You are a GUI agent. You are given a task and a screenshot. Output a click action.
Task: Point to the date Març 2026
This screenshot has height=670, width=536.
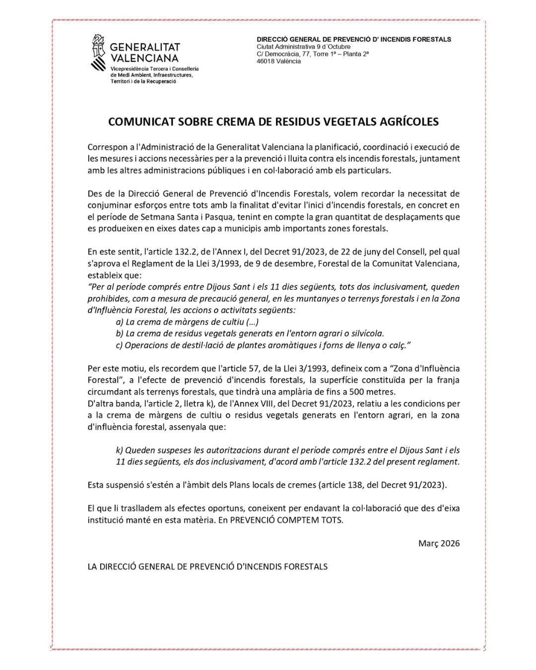click(x=439, y=543)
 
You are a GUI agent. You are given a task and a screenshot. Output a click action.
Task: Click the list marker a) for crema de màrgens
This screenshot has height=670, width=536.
click(x=120, y=322)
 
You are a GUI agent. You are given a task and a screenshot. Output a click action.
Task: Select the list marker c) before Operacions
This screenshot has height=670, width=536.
click(x=119, y=345)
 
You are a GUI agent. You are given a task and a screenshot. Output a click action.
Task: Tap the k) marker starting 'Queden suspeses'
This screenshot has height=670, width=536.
click(x=120, y=450)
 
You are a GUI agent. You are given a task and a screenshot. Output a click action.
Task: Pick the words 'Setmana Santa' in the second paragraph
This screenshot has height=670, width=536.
click(x=158, y=217)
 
